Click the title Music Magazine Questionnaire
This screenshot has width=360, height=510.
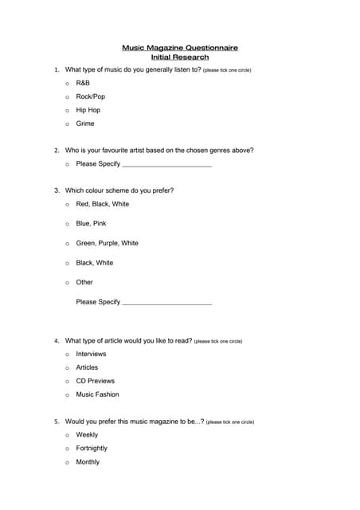pyautogui.click(x=179, y=48)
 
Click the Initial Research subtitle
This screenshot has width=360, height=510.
pyautogui.click(x=179, y=57)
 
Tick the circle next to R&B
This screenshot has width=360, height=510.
pyautogui.click(x=67, y=84)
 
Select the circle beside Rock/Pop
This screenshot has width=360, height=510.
pyautogui.click(x=67, y=97)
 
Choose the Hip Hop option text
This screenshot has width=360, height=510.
pyautogui.click(x=88, y=110)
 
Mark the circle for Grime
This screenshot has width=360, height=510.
pyautogui.click(x=67, y=124)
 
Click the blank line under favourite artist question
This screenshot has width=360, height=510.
pyautogui.click(x=167, y=165)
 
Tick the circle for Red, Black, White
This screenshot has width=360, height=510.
pyautogui.click(x=67, y=205)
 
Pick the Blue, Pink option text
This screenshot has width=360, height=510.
pyautogui.click(x=91, y=224)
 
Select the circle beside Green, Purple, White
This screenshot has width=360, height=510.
pyautogui.click(x=67, y=244)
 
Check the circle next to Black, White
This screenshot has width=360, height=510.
pyautogui.click(x=67, y=263)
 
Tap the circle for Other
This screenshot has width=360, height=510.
pyautogui.click(x=67, y=283)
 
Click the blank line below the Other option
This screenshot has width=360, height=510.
pyautogui.click(x=167, y=304)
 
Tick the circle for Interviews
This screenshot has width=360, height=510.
pyautogui.click(x=67, y=355)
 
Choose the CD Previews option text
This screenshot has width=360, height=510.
pyautogui.click(x=95, y=381)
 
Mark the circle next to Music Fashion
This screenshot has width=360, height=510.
pyautogui.click(x=67, y=395)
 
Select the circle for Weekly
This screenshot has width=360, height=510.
pyautogui.click(x=67, y=436)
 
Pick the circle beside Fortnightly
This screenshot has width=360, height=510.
pyautogui.click(x=67, y=449)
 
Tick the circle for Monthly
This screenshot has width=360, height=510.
pyautogui.click(x=67, y=463)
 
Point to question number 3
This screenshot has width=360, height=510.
pyautogui.click(x=57, y=191)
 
